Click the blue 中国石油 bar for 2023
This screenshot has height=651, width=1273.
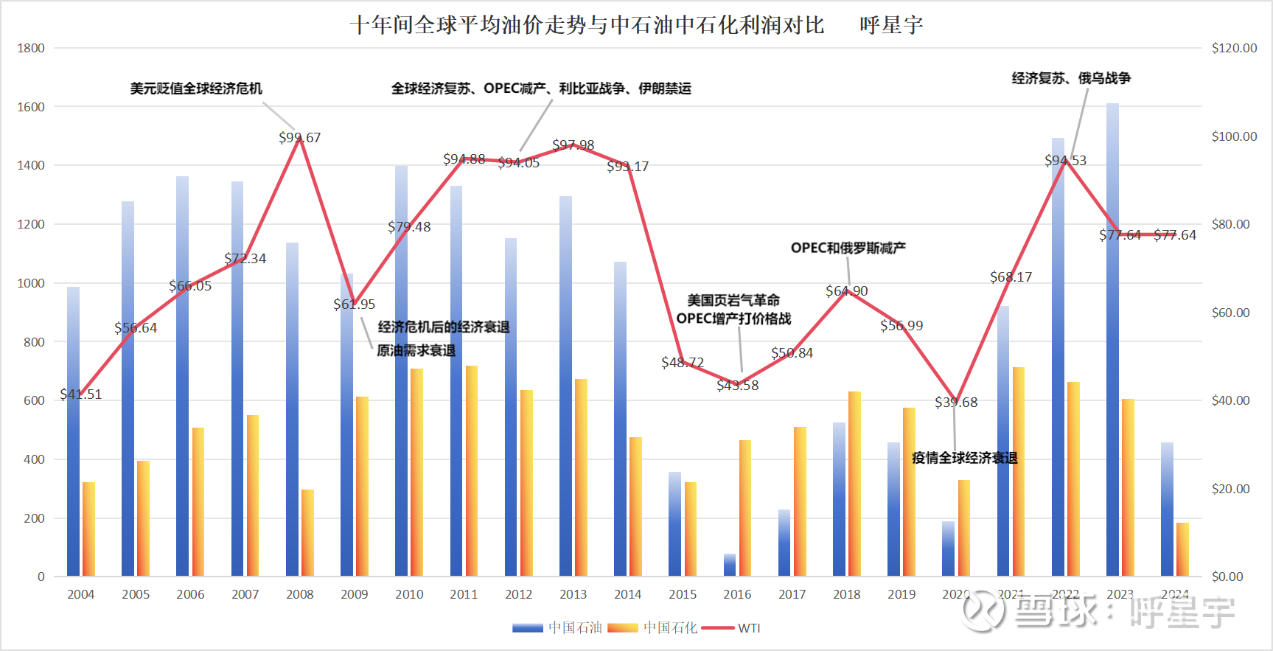[1112, 339]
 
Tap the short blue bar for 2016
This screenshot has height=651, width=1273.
[730, 565]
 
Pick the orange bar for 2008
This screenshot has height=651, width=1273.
[307, 532]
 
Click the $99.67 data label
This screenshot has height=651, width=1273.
[299, 138]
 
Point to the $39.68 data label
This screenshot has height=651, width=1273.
[956, 403]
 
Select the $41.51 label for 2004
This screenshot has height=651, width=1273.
[81, 394]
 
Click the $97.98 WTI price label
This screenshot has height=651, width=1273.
[573, 145]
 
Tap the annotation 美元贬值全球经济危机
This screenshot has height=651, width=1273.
[196, 88]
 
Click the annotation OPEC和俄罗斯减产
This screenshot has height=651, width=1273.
[848, 248]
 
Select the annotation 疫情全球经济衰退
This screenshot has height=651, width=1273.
[964, 458]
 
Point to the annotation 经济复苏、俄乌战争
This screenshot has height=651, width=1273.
[1071, 78]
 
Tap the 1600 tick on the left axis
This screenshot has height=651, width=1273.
[31, 107]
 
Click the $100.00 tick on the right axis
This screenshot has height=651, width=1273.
[1234, 136]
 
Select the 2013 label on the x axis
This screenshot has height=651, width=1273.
[573, 594]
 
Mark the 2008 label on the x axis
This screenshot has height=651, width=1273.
[299, 594]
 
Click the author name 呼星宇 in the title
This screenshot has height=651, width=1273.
[891, 25]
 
